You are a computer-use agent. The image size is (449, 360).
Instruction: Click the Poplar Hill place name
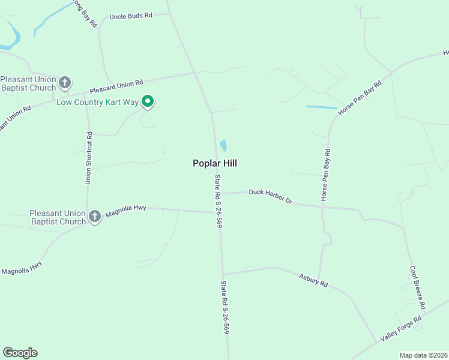[x=218, y=163]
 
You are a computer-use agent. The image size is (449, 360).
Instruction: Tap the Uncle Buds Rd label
[x=130, y=16]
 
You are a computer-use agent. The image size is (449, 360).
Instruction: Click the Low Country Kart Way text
[x=98, y=102]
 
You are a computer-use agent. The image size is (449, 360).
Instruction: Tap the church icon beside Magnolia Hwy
[x=95, y=217]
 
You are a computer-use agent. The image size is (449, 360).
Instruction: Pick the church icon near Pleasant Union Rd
[x=65, y=82]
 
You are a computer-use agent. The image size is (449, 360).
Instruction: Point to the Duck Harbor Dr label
[x=270, y=196]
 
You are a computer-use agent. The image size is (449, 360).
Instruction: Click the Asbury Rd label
[x=313, y=279]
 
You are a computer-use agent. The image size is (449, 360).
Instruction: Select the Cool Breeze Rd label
[x=418, y=287]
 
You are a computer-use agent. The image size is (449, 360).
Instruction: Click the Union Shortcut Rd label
[x=88, y=158]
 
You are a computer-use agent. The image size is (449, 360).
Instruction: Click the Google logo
[x=20, y=353]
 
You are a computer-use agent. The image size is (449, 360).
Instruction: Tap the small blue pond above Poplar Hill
[x=223, y=145]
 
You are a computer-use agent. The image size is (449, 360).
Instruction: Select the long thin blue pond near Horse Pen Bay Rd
[x=321, y=107]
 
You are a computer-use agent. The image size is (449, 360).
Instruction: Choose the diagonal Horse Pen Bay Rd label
[x=360, y=98]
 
